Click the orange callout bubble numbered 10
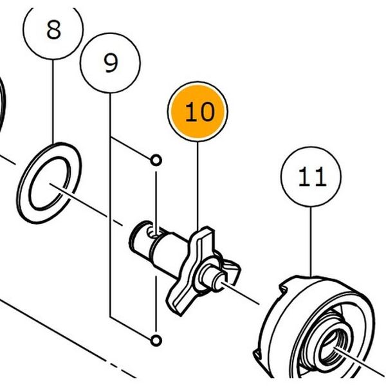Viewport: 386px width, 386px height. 198,111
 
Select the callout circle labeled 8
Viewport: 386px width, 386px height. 53,29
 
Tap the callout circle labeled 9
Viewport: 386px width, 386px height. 110,63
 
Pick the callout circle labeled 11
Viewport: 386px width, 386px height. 311,177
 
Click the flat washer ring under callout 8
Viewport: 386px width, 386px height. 49,183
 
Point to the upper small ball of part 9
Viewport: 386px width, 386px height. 156,160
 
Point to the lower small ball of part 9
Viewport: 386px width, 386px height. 156,341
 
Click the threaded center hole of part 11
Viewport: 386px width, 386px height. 333,345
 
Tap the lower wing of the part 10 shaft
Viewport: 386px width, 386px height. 180,299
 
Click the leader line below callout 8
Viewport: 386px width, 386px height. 53,102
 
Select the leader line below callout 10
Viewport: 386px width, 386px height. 198,187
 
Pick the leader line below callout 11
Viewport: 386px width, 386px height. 311,241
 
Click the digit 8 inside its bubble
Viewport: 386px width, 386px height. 53,30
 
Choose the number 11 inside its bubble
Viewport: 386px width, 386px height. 312,176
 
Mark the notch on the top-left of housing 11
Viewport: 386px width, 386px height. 283,288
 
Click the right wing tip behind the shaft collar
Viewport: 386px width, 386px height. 233,268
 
